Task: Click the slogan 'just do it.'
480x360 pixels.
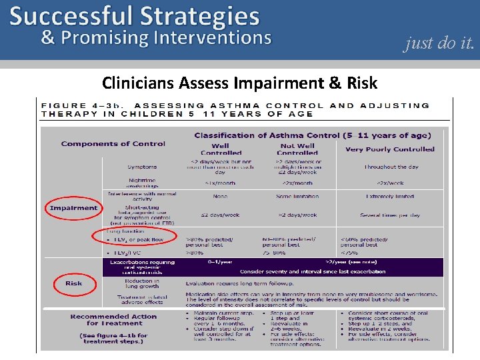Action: [x=439, y=44]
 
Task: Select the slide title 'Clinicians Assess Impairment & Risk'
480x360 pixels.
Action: [x=239, y=83]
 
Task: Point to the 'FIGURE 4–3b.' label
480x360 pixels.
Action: [x=87, y=105]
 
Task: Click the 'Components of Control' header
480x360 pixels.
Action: [x=113, y=143]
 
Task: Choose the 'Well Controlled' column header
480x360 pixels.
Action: [x=220, y=149]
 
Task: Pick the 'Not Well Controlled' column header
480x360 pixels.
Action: [x=297, y=149]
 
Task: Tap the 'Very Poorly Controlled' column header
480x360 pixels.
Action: [x=390, y=149]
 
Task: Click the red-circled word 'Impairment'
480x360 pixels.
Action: [x=73, y=208]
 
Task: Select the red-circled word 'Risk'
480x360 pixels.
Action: [x=73, y=283]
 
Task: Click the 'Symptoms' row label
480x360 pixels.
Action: [x=143, y=167]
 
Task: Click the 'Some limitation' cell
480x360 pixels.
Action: [x=297, y=197]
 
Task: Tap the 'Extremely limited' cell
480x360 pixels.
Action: [x=390, y=197]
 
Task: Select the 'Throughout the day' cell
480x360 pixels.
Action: [x=390, y=167]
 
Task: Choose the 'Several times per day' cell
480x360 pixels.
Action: [x=390, y=215]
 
